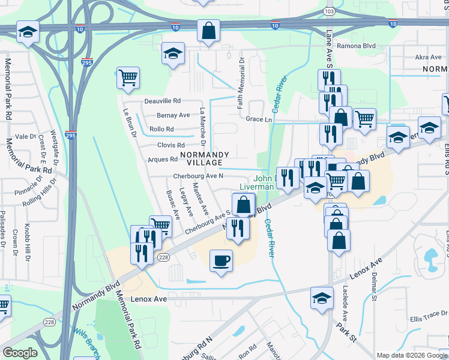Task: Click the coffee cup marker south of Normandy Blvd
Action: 221,260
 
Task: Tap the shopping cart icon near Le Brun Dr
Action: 128,78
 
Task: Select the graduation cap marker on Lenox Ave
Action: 322,297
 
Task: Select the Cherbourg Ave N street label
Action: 198,176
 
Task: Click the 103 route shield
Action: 328,11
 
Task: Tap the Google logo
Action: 20,353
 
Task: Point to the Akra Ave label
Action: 428,58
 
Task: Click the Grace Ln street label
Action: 259,119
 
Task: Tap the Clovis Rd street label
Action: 171,145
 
